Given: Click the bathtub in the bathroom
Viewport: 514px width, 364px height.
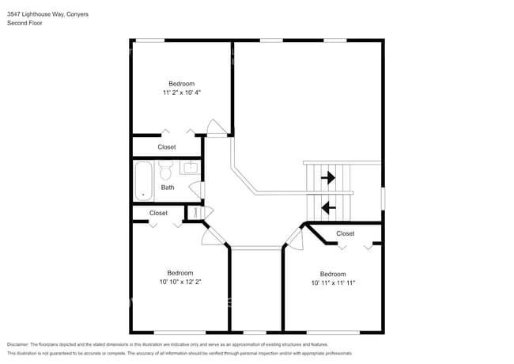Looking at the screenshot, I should tap(143, 180).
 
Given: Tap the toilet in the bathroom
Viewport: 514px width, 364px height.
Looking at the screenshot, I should tap(166, 170).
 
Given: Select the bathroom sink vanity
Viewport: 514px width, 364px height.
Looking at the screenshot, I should tap(190, 167).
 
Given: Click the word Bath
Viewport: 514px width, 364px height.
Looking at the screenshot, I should tap(168, 188).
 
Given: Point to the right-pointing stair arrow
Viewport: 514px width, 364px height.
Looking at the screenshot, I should tap(327, 178).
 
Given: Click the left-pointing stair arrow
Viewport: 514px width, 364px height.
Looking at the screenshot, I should tap(327, 208).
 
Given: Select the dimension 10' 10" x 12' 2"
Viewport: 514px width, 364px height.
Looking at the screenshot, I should tap(180, 282).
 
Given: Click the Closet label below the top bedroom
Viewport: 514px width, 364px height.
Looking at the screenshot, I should tap(167, 147).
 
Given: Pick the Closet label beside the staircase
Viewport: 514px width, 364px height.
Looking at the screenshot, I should tap(346, 233).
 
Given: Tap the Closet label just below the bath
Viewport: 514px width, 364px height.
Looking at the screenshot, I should tap(158, 213).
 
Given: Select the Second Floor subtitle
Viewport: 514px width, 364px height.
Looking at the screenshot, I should tap(25, 23).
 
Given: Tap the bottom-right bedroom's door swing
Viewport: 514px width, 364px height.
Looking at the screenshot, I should tap(294, 237).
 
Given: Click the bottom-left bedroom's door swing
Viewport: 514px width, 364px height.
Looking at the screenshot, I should tap(212, 235).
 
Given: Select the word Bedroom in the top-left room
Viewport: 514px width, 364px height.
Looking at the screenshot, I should tap(182, 83).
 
